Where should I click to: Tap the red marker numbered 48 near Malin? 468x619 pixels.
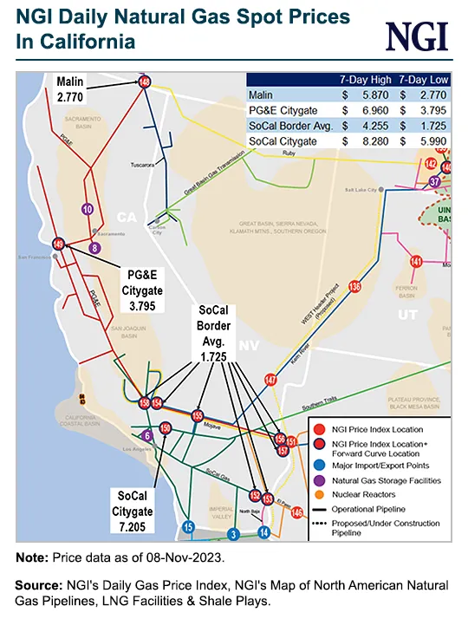(x=144, y=81)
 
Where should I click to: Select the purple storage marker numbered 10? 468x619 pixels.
(x=86, y=209)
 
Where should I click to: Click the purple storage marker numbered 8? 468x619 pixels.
(x=94, y=249)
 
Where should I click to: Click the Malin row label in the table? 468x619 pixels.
(x=261, y=95)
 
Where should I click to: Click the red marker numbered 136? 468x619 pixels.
(x=354, y=286)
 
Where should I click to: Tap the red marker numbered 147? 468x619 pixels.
(x=271, y=380)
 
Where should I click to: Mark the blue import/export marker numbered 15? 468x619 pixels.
(x=188, y=526)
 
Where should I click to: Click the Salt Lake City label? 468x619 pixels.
(x=362, y=188)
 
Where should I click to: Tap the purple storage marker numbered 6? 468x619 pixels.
(x=148, y=435)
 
